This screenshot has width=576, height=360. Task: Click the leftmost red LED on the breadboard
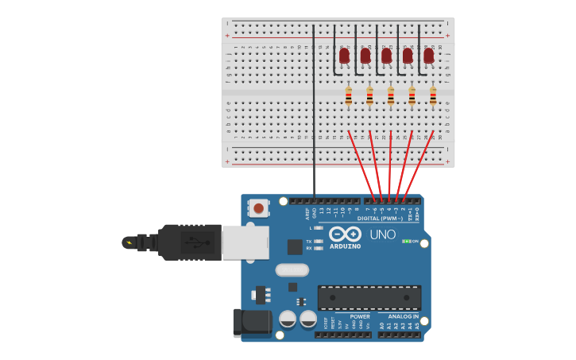[344, 56]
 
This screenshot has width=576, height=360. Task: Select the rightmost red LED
[429, 56]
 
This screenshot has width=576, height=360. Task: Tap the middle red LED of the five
[386, 56]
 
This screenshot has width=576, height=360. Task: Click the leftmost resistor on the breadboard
[349, 96]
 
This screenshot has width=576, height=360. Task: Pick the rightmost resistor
[433, 96]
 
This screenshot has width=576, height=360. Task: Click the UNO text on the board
[383, 234]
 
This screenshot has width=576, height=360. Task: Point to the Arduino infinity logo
[346, 234]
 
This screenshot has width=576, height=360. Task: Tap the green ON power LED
[406, 241]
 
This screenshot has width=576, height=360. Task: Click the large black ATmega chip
[369, 297]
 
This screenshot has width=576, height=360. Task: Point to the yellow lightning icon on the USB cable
[128, 242]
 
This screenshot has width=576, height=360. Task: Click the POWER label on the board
[359, 316]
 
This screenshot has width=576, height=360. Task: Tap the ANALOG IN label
[404, 316]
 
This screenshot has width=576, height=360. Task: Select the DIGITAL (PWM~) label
[381, 218]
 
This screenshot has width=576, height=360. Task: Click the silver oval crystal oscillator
[292, 269]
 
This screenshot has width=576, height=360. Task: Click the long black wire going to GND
[314, 111]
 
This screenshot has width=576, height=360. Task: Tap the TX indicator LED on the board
[318, 241]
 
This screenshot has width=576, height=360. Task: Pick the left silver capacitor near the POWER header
[288, 319]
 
